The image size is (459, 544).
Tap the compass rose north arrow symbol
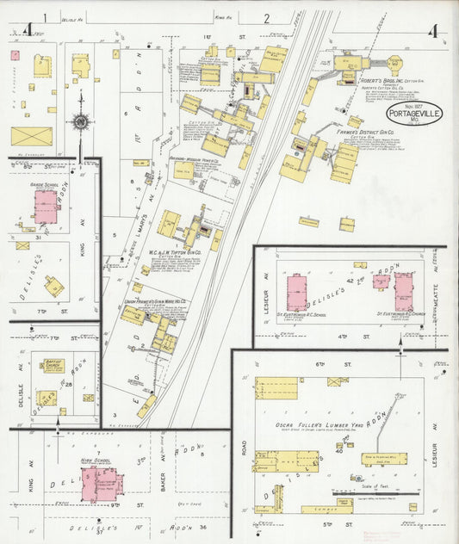coord(80,122)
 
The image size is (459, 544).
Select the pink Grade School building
coord(45,207)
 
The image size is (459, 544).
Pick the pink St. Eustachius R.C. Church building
coord(403,293)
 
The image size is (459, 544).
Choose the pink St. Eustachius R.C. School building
coord(297,292)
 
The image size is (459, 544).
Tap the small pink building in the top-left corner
coord(15,55)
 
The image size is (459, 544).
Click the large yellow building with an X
coord(31,136)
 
